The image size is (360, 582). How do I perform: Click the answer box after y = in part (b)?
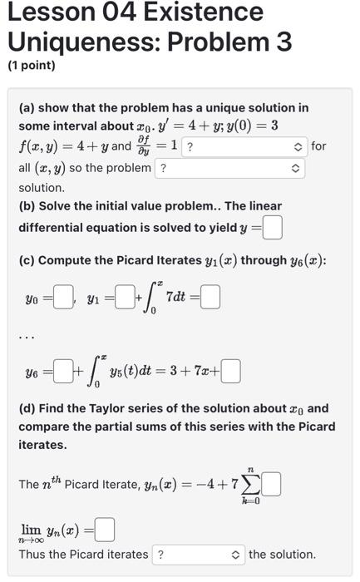272,226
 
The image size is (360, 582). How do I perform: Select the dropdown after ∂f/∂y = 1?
244,146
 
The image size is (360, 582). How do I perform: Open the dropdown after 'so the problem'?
229,168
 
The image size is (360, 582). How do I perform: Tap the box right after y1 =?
124,298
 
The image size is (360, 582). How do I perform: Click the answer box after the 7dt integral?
210,298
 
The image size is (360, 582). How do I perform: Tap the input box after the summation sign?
271,483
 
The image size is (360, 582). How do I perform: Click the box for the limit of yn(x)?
105,529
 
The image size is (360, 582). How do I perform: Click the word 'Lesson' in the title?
49,12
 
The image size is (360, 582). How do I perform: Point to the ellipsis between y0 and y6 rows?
27,337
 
